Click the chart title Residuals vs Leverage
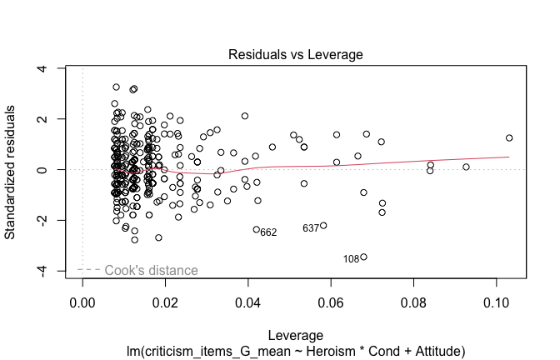pos(296,55)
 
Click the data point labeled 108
pos(363,257)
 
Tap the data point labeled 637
pos(323,226)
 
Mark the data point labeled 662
pos(257,229)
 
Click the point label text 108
pos(352,260)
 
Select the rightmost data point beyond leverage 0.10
pos(509,138)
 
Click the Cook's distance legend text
pos(151,270)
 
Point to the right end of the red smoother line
pos(509,157)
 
